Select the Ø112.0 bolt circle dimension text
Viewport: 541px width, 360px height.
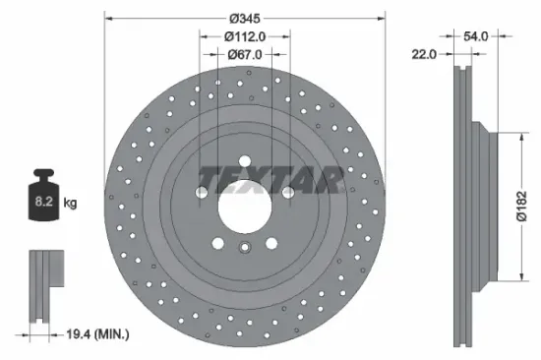(x=245, y=36)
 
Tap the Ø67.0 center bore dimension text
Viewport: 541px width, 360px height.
(x=245, y=54)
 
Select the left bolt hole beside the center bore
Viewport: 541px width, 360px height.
(x=202, y=193)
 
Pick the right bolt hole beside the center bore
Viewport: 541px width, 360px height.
(x=288, y=193)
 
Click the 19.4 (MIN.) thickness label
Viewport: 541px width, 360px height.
(x=97, y=335)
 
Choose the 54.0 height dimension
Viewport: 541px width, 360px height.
(x=475, y=36)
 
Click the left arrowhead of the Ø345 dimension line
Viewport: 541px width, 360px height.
(x=108, y=18)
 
